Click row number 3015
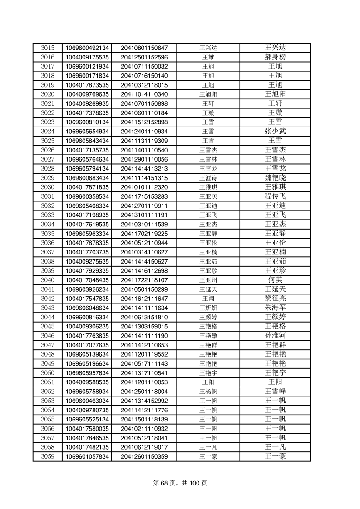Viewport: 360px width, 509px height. coord(47,48)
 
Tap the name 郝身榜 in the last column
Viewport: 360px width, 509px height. coord(275,57)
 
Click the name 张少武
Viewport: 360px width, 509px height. coord(275,132)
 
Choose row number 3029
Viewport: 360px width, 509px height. coord(47,178)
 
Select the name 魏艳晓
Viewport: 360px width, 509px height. coord(275,178)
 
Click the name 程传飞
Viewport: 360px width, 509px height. coord(275,196)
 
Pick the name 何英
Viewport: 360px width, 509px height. coord(275,280)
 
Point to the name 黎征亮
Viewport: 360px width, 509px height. coord(275,299)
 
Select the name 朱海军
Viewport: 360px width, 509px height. coord(275,308)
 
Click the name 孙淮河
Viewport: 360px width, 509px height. coord(275,336)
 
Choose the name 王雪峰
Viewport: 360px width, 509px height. coord(275,392)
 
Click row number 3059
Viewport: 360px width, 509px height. coord(47,456)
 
